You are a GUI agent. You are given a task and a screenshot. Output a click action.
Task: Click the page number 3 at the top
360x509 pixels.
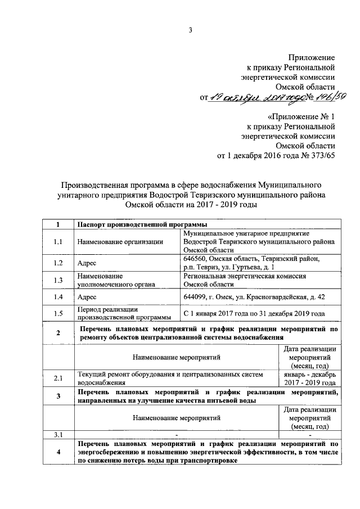[x=191, y=30]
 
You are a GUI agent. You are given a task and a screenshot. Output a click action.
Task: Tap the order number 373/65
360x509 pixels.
[x=322, y=156]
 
